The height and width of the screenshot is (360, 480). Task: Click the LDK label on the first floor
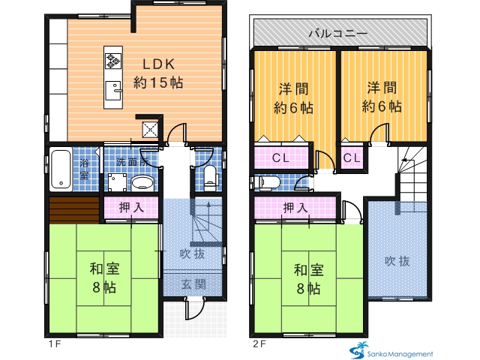click(x=158, y=64)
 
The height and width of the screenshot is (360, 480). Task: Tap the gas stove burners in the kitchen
click(x=113, y=61)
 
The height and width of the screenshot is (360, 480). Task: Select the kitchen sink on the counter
click(x=113, y=91)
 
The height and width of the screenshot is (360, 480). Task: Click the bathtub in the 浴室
click(x=61, y=169)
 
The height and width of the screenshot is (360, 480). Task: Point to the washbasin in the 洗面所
click(x=142, y=183)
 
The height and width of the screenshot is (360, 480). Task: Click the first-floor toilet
click(x=210, y=178)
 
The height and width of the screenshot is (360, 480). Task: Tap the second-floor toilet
click(x=268, y=183)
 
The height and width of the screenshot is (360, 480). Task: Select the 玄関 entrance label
click(x=193, y=285)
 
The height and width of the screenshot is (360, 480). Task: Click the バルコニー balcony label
click(x=338, y=33)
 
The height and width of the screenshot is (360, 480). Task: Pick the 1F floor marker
click(x=55, y=344)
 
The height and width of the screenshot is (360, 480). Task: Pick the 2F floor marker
click(x=259, y=344)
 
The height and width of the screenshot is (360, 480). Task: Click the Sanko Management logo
click(x=391, y=350)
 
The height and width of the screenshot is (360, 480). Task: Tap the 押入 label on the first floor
click(x=131, y=208)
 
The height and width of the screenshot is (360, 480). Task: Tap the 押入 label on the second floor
click(x=295, y=208)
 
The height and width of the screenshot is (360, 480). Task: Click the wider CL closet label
click(x=280, y=158)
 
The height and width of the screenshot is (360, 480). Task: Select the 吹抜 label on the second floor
click(x=397, y=261)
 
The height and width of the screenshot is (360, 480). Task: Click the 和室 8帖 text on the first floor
click(x=105, y=278)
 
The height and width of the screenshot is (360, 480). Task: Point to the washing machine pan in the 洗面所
click(x=117, y=182)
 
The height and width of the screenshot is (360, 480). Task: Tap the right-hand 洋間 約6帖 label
click(x=382, y=97)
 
